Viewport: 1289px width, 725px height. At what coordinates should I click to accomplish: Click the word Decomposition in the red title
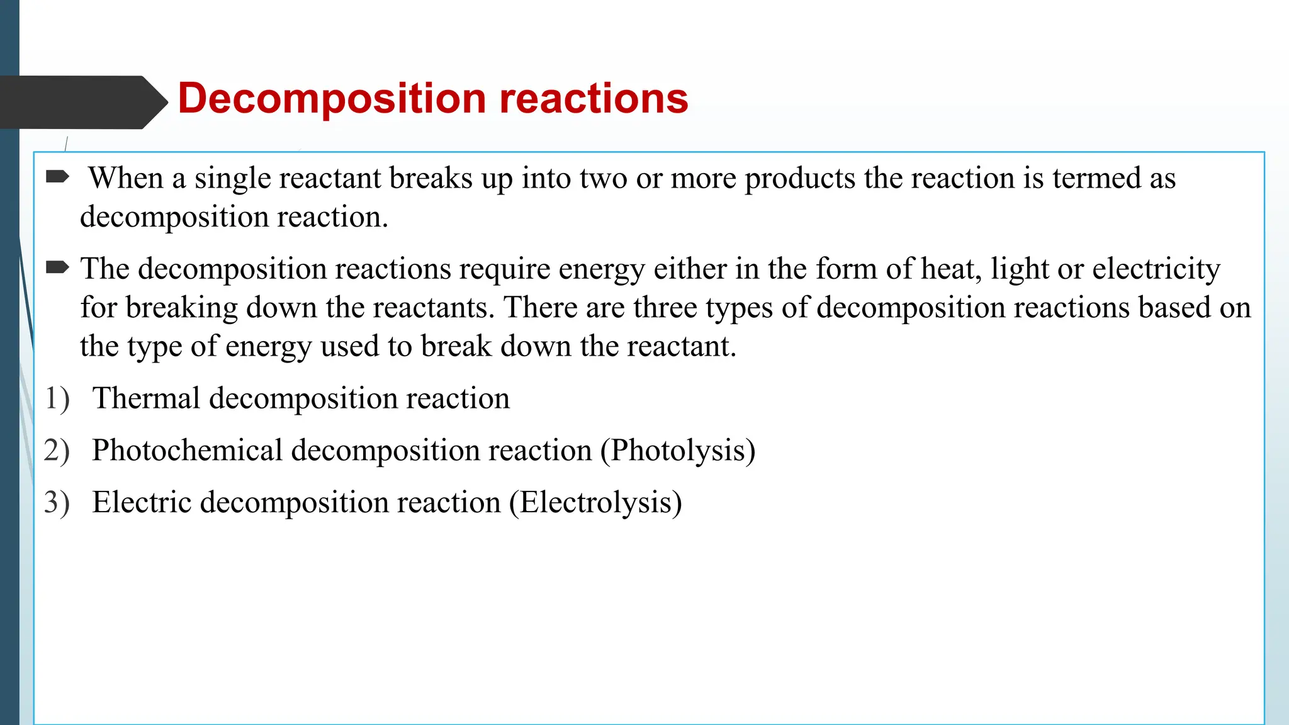pyautogui.click(x=332, y=99)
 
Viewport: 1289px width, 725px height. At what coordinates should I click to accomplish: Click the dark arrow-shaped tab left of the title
pyautogui.click(x=82, y=103)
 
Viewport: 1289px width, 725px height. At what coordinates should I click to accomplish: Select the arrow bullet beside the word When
pyautogui.click(x=58, y=177)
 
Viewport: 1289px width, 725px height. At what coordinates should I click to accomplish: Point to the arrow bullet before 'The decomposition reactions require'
pyautogui.click(x=58, y=268)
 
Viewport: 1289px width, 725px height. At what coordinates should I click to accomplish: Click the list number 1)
pyautogui.click(x=57, y=399)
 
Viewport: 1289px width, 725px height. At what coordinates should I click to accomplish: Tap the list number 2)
pyautogui.click(x=57, y=451)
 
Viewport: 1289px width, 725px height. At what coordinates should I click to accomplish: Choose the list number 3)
pyautogui.click(x=57, y=503)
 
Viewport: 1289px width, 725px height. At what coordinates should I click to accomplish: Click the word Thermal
pyautogui.click(x=146, y=398)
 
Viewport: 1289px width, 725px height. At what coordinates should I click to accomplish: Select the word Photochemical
pyautogui.click(x=187, y=451)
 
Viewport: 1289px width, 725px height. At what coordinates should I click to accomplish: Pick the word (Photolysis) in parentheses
pyautogui.click(x=678, y=451)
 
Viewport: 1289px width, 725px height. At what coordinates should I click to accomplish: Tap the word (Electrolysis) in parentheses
pyautogui.click(x=595, y=503)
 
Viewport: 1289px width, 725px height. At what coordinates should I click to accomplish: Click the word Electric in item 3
pyautogui.click(x=142, y=503)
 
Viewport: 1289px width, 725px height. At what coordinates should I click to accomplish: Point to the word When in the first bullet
pyautogui.click(x=126, y=178)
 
